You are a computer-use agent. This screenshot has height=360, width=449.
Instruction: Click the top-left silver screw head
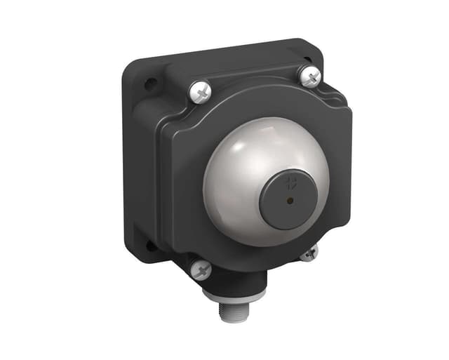pos(201,91)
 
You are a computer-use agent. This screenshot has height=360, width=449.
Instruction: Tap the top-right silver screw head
pos(309,76)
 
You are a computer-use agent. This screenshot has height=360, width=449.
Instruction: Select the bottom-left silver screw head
pos(201,269)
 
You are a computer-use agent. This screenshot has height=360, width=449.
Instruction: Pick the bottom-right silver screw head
pos(309,253)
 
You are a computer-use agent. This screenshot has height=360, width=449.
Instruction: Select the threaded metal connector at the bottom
pos(232,309)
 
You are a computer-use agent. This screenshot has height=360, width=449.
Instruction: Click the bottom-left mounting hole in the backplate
pos(150,245)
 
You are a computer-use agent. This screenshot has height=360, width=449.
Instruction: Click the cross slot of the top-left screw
pos(201,91)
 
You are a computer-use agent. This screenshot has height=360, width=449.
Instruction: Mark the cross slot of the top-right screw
pos(309,76)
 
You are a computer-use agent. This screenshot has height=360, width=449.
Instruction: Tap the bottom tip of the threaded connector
pos(232,320)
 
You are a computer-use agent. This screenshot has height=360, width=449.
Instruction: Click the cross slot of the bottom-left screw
pos(201,269)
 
